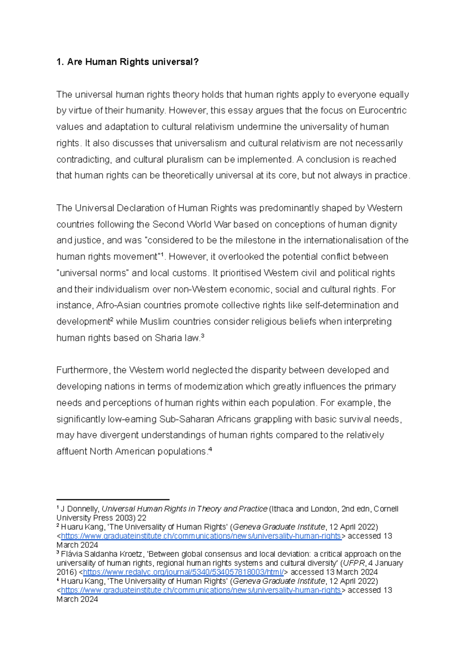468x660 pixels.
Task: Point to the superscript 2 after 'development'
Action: (x=112, y=319)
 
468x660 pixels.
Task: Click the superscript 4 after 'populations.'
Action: (x=210, y=450)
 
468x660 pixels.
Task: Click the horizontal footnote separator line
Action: (x=113, y=499)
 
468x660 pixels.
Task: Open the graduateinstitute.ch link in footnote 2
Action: (x=201, y=536)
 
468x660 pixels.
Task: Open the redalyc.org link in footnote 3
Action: (x=183, y=572)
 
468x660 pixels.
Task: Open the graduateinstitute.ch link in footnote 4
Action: (x=201, y=590)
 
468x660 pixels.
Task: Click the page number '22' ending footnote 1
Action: (x=142, y=518)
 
